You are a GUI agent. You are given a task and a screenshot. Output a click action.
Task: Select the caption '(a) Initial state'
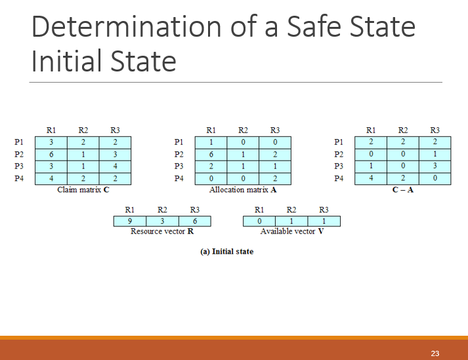pos(226,251)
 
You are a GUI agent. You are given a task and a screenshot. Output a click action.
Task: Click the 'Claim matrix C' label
pos(83,190)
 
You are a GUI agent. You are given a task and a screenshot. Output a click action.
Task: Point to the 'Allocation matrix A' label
pos(243,190)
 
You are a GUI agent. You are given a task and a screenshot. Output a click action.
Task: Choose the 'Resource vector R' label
pos(161,231)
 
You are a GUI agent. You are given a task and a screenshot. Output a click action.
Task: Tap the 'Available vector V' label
pos(291,231)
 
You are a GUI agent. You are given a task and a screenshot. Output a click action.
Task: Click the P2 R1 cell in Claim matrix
pos(51,154)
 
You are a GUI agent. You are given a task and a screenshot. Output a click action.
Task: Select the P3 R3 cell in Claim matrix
pos(115,166)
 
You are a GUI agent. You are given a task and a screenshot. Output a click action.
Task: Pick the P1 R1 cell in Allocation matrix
pos(211,142)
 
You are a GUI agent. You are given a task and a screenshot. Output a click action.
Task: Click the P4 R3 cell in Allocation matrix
pos(275,178)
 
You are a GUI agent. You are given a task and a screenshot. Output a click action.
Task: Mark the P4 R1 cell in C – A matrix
pos(371,178)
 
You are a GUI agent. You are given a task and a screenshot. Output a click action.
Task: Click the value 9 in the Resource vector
pos(130,221)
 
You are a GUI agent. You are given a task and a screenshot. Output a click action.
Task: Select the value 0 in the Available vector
pos(259,221)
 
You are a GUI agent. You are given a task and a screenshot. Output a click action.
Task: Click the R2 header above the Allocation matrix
pos(243,130)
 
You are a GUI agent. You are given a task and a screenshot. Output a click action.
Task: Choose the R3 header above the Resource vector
pos(195,210)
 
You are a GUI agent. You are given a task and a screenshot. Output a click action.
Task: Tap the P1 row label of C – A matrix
pos(339,142)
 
